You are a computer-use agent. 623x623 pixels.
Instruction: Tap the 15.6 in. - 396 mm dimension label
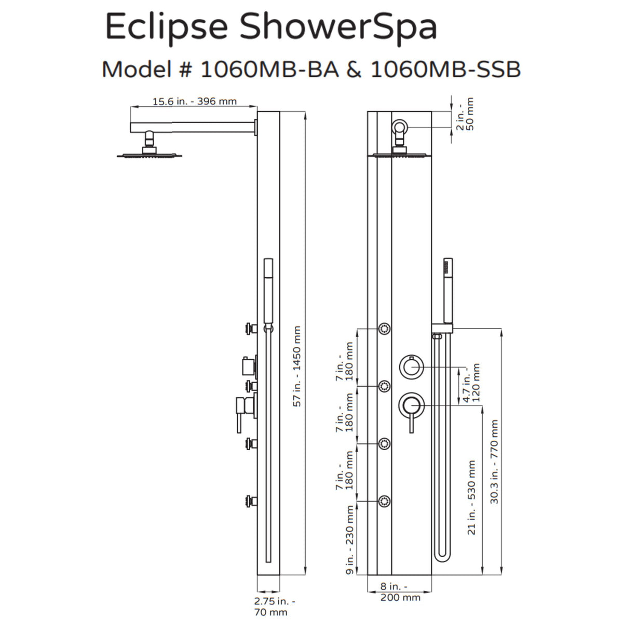click(x=194, y=101)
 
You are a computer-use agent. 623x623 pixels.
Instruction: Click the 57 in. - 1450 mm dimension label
click(x=296, y=365)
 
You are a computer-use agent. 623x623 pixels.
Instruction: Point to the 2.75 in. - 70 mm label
click(x=275, y=606)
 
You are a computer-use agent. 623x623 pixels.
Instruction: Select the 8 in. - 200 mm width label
click(x=400, y=592)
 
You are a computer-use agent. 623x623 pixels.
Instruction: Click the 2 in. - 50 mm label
click(x=465, y=114)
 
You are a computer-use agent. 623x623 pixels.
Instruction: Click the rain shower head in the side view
click(x=150, y=154)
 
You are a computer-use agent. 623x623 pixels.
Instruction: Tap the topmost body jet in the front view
click(x=384, y=329)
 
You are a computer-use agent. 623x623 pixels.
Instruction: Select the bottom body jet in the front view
click(x=384, y=500)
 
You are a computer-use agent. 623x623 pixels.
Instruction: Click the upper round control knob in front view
click(x=412, y=368)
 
